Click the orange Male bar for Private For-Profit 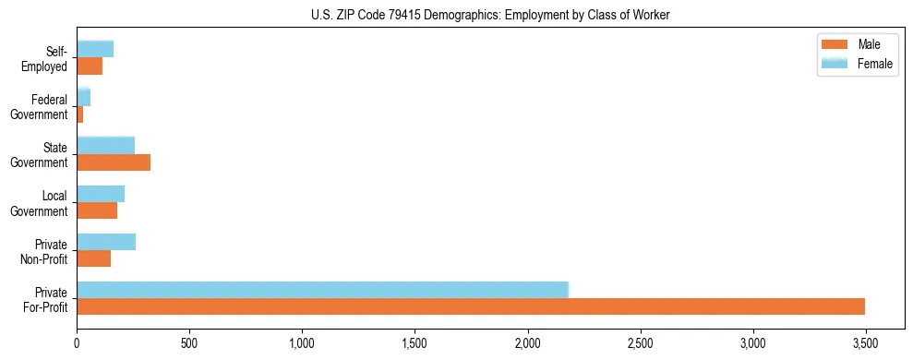click(471, 306)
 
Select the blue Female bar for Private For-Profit click(322, 290)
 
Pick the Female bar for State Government click(105, 146)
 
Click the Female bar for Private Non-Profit click(106, 242)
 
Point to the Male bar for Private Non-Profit click(93, 258)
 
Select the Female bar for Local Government click(101, 194)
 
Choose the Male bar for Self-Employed click(90, 66)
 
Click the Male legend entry click(858, 45)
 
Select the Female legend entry click(858, 64)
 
